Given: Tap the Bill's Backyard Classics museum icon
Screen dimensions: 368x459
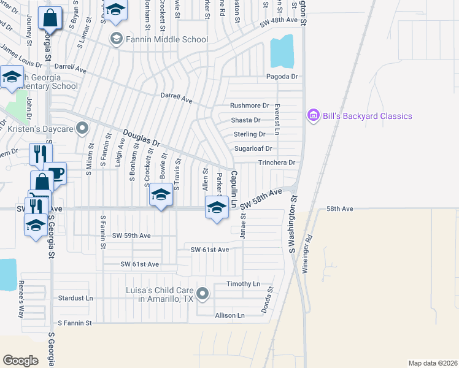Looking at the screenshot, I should (x=314, y=115).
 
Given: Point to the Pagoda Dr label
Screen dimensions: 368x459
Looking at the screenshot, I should (x=282, y=77).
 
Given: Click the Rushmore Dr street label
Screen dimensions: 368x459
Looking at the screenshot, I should (x=250, y=105).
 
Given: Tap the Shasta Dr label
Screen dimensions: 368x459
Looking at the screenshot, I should (x=245, y=120).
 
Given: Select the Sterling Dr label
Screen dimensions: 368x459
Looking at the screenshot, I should (x=249, y=134).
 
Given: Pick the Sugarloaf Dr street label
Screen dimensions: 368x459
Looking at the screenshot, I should (x=253, y=148).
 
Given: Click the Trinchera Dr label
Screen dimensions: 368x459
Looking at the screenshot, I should (x=277, y=163).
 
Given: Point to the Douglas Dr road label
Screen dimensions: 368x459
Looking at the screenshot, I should (x=141, y=137).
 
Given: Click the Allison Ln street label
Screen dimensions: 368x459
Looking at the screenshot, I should (x=230, y=315).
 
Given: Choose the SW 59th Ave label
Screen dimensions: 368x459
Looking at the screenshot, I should (x=131, y=236).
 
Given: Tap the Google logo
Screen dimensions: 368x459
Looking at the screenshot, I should (x=20, y=360).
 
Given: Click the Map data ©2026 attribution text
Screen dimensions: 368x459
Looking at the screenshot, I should (x=432, y=363).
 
